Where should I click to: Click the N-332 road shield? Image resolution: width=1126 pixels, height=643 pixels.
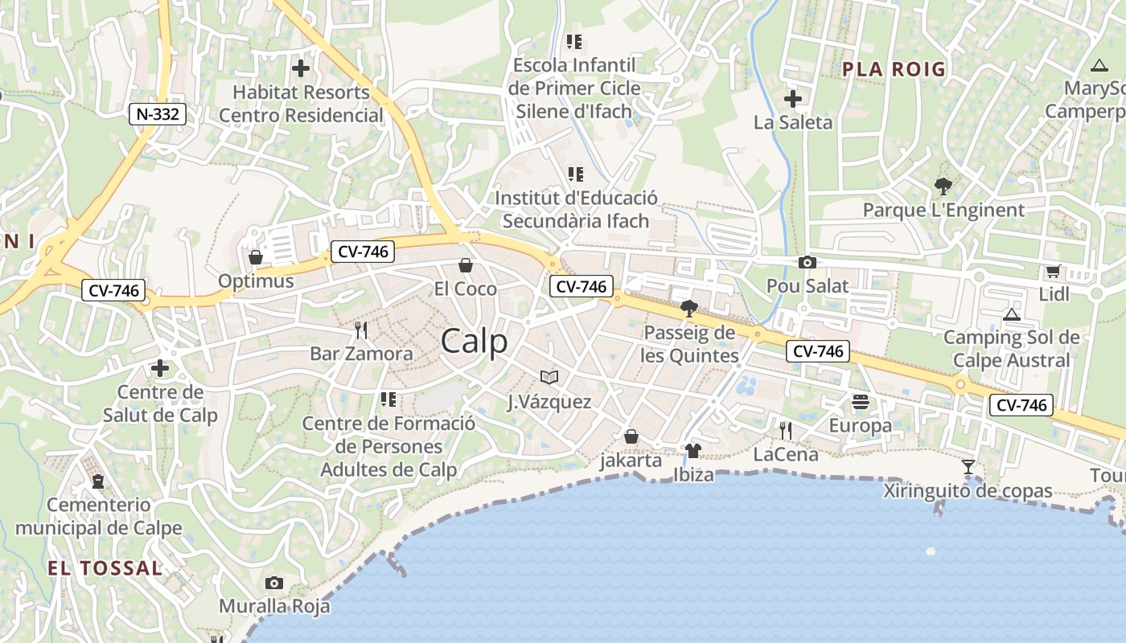(158, 114)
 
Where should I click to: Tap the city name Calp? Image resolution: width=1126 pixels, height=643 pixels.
(475, 341)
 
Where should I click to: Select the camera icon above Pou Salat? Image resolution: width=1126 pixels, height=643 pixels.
(807, 262)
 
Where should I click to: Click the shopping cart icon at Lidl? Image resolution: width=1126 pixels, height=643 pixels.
(1053, 271)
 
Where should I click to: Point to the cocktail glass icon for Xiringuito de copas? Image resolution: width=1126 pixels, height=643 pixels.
(968, 467)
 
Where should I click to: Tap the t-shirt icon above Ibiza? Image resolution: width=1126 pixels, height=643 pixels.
(692, 450)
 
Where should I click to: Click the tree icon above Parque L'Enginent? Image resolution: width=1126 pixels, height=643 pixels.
(943, 186)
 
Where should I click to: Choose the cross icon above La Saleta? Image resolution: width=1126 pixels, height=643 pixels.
(793, 99)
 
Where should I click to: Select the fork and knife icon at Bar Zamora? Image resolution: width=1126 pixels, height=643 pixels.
(361, 330)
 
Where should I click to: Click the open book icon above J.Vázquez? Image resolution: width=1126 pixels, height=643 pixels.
(549, 377)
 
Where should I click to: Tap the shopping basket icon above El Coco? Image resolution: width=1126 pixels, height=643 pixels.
(465, 265)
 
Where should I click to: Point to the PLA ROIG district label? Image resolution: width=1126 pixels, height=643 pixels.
(894, 69)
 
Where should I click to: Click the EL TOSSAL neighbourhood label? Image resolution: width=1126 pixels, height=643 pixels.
(105, 568)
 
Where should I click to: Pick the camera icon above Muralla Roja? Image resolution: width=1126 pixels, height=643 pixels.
(274, 583)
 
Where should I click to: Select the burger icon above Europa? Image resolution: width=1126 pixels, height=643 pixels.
(861, 401)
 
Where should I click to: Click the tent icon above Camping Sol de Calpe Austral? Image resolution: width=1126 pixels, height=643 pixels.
(1011, 313)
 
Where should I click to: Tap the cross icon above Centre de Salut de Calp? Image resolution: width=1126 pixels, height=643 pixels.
(160, 368)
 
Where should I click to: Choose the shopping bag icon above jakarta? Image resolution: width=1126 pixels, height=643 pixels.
(631, 436)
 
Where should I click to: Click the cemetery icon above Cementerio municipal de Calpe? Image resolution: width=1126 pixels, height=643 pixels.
(98, 481)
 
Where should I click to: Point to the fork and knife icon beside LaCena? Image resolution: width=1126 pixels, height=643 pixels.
(786, 430)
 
